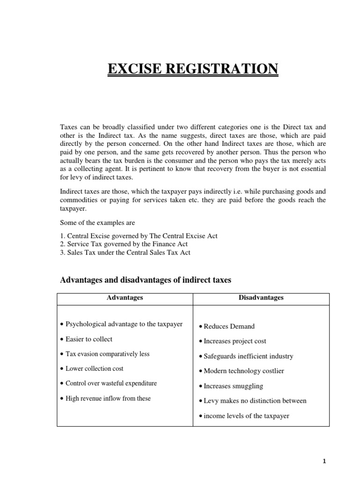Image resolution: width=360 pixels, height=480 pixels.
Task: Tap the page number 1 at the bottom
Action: (x=324, y=461)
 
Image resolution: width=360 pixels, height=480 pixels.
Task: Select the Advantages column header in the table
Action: (x=125, y=298)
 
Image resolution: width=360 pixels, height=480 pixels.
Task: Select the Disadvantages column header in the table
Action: (x=261, y=298)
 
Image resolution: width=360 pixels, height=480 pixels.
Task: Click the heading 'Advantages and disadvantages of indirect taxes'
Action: (x=146, y=280)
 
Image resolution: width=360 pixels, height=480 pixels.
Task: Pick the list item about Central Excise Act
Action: (x=139, y=235)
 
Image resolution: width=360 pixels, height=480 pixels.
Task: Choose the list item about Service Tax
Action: (x=124, y=244)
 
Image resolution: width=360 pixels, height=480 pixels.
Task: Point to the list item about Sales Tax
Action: (x=125, y=252)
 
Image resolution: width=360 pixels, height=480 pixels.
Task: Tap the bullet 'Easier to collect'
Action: (x=89, y=339)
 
